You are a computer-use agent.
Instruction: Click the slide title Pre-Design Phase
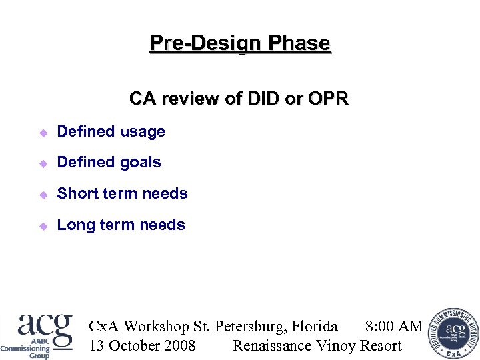(x=240, y=43)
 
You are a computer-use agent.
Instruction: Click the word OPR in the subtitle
(x=328, y=99)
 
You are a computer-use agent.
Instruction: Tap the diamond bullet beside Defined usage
(x=43, y=133)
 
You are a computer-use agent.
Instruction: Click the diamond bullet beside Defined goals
(x=43, y=163)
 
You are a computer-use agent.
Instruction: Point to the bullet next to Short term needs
(x=43, y=195)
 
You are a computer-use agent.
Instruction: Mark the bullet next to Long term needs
(x=43, y=226)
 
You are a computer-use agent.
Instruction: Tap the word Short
(x=76, y=194)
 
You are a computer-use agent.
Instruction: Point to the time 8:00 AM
(x=394, y=327)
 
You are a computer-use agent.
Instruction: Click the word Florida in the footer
(x=315, y=327)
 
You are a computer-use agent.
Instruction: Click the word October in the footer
(x=133, y=345)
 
